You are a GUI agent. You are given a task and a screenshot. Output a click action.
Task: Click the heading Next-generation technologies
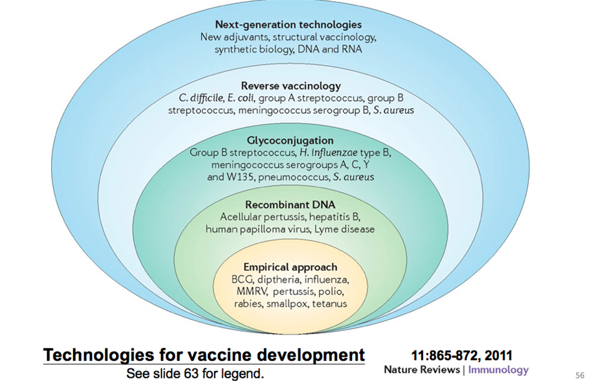point(288,24)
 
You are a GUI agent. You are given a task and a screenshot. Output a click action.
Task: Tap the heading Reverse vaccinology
point(291,86)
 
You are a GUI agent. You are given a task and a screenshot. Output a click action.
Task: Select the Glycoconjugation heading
point(290,141)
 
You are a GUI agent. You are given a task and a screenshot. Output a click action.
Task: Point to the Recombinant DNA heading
point(290,205)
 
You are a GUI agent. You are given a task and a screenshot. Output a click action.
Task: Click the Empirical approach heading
point(290,267)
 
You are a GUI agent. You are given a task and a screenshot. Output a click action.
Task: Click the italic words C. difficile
point(201,98)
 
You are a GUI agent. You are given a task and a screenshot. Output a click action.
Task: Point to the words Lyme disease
point(345,229)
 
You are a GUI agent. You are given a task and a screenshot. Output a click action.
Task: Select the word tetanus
point(330,304)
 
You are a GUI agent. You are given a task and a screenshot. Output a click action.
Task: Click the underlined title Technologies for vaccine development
point(204,355)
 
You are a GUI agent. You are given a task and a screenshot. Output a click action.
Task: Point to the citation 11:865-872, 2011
point(462,355)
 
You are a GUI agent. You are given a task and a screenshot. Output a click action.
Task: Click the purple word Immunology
point(499,370)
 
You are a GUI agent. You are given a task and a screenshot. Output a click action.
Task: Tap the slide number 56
point(580,375)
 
